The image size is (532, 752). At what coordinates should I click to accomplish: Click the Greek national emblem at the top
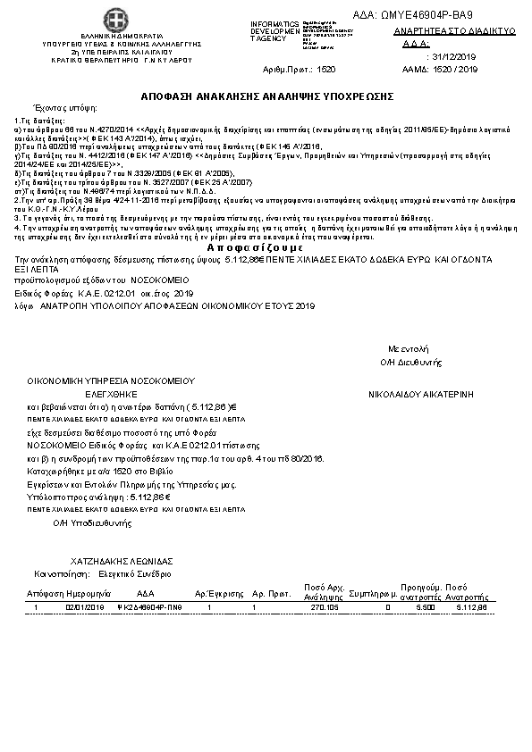pyautogui.click(x=115, y=19)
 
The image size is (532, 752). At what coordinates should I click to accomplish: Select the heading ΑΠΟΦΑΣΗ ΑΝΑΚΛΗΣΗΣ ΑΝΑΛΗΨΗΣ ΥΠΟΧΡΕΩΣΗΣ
pyautogui.click(x=266, y=95)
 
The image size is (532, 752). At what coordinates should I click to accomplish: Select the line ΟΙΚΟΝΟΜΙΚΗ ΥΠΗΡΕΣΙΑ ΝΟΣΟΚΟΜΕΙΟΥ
pyautogui.click(x=111, y=380)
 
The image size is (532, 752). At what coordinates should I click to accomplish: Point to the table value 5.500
pyautogui.click(x=425, y=607)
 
